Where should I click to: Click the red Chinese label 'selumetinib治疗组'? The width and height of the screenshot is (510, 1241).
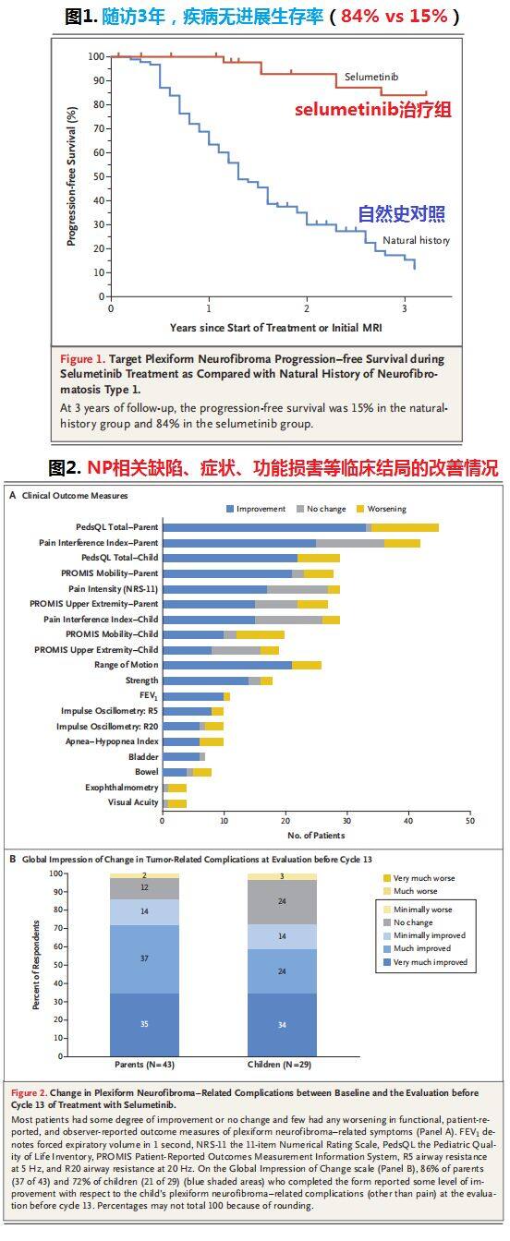(x=372, y=109)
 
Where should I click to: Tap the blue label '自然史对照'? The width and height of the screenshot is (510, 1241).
(x=401, y=214)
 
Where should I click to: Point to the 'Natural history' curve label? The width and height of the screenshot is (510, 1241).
(x=416, y=240)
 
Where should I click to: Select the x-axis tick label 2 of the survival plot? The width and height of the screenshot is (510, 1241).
(x=307, y=308)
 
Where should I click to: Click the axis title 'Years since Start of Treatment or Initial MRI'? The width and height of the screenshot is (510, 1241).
(x=275, y=328)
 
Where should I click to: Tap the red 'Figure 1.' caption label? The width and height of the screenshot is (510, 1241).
(x=82, y=359)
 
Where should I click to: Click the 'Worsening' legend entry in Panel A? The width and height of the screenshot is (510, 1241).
(x=382, y=509)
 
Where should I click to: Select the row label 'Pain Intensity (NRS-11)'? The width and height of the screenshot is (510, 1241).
(x=113, y=588)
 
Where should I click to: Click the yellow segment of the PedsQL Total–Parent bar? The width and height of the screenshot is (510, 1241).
(x=406, y=527)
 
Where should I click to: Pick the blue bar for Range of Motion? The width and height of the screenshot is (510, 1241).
(x=227, y=665)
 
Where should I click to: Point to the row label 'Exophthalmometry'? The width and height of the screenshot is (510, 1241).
(x=121, y=788)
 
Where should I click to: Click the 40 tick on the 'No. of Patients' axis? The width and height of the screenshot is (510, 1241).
(x=408, y=821)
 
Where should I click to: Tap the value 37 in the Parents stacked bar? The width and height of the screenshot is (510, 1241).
(x=144, y=958)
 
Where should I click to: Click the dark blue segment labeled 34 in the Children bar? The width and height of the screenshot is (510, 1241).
(x=282, y=1024)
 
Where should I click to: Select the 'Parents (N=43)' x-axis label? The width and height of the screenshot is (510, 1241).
(x=144, y=1065)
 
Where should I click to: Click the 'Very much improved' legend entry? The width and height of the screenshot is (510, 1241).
(x=425, y=962)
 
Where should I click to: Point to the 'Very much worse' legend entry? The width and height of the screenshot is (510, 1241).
(x=419, y=878)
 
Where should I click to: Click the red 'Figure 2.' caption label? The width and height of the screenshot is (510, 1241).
(x=30, y=1092)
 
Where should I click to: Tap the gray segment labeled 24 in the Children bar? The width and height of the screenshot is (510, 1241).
(x=282, y=902)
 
